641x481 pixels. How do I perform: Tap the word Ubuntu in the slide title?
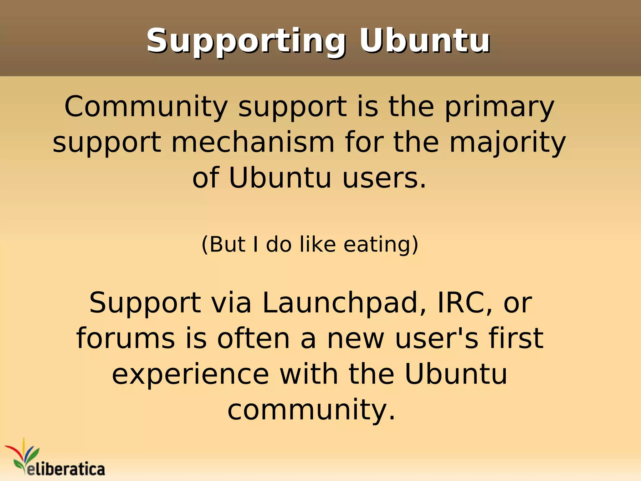click(x=424, y=41)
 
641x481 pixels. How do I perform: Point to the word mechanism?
click(x=253, y=142)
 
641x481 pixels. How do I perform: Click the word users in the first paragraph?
click(x=384, y=178)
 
